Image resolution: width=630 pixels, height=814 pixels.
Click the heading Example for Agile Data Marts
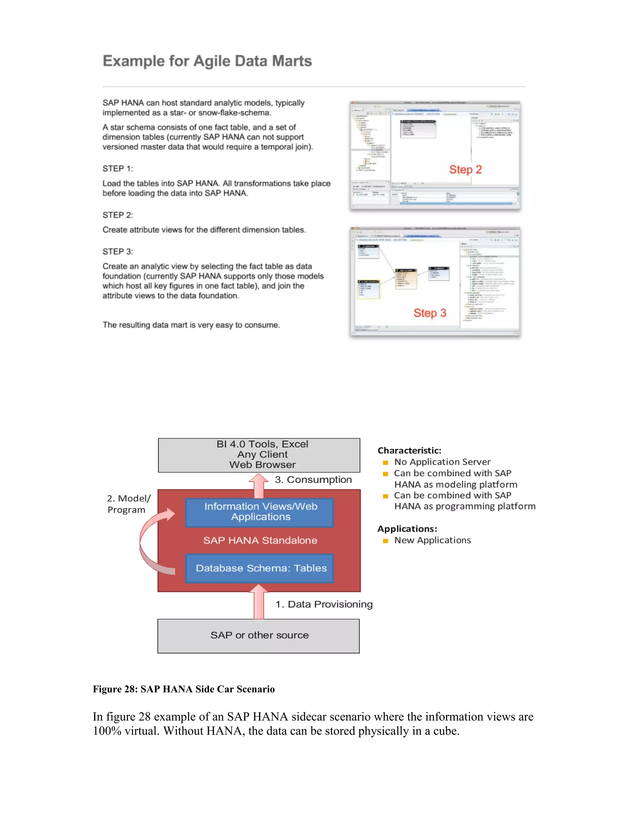(207, 61)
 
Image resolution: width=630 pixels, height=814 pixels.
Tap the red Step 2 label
(465, 170)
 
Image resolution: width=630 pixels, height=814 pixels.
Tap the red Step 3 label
(429, 313)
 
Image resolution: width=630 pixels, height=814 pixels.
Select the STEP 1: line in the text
(118, 168)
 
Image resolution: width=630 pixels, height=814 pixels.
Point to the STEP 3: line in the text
(118, 252)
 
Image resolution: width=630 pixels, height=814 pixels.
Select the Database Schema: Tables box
(260, 568)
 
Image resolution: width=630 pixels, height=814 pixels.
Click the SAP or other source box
(259, 636)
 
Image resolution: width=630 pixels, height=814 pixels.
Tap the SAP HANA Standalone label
(260, 540)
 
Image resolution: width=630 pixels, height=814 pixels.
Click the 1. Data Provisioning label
(324, 604)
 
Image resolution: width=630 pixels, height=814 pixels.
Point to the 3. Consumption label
(313, 480)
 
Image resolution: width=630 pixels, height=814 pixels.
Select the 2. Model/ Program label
(128, 504)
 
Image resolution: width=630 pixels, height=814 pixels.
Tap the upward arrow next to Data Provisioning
(259, 603)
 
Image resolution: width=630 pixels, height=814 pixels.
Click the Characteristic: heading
(409, 450)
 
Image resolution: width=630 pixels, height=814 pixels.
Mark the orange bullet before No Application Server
(385, 463)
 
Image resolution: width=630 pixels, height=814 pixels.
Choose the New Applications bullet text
(432, 540)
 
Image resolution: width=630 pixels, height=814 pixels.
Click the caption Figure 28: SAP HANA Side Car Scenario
(184, 689)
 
